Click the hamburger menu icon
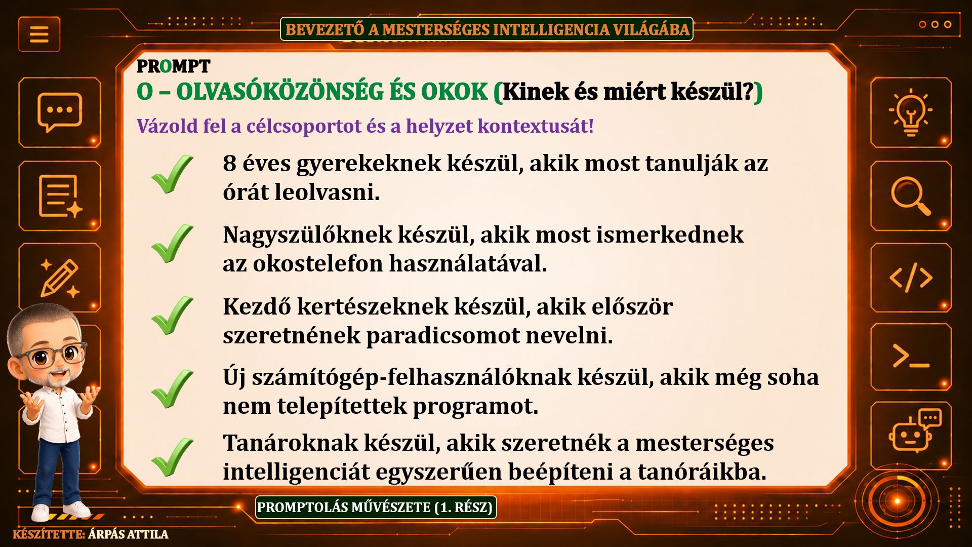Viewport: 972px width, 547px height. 39,34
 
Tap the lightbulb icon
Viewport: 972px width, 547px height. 910,112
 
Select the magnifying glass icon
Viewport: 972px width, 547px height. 911,196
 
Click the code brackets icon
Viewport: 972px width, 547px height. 911,278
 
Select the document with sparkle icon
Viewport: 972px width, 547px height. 60,196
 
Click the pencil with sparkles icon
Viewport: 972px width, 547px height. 60,278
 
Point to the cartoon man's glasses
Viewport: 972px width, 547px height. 53,355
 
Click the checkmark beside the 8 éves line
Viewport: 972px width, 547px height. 172,174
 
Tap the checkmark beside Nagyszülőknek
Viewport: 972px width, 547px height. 172,244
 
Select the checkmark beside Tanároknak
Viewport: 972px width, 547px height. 172,457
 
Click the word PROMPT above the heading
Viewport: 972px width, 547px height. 173,66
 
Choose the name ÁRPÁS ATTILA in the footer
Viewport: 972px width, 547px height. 128,534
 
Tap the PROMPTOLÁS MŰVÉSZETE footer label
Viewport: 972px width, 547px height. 376,507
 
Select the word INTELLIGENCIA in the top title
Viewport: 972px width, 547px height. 551,29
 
